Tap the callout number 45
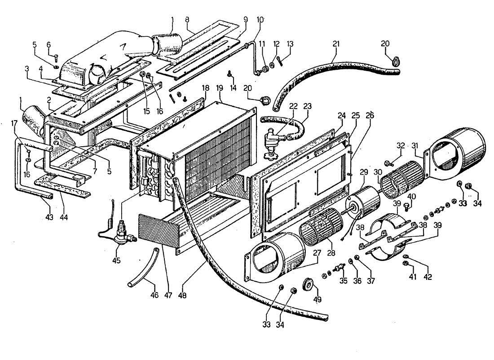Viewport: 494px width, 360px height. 117,260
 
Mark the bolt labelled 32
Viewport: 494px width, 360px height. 388,162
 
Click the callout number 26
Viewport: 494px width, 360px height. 371,115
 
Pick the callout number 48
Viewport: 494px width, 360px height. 182,296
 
